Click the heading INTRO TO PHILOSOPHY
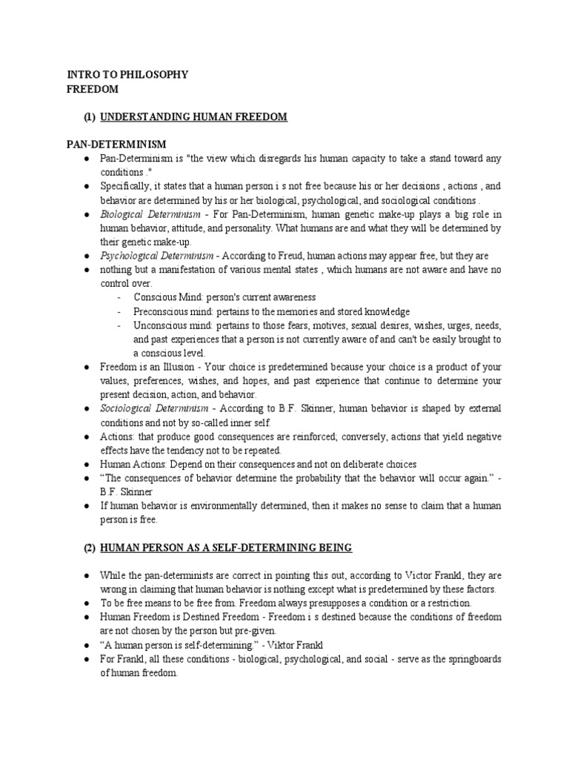click(127, 74)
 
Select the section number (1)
click(89, 117)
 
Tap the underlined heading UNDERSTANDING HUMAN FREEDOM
click(193, 117)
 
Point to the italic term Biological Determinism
click(147, 214)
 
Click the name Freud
click(281, 256)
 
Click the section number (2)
click(89, 548)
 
